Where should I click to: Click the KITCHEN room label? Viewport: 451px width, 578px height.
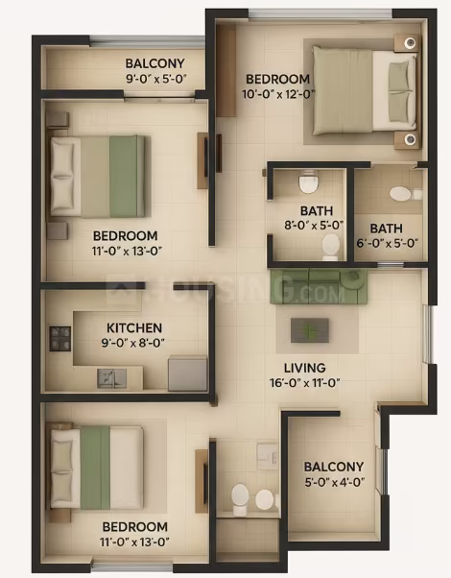point(134,327)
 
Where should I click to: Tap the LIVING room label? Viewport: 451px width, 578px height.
point(305,368)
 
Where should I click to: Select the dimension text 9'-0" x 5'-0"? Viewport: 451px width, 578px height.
point(156,79)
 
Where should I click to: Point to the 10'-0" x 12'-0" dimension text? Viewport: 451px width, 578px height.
point(278,94)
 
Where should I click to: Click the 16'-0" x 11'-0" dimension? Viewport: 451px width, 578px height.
point(304,383)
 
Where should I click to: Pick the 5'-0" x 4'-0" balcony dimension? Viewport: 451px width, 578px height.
point(334,482)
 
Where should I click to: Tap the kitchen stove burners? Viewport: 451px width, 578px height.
point(60,338)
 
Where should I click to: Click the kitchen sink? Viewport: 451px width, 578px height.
point(111,378)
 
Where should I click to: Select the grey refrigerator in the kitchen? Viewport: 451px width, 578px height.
point(187,373)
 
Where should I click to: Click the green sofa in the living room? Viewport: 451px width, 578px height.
point(319,286)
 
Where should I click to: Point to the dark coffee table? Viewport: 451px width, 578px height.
point(310,330)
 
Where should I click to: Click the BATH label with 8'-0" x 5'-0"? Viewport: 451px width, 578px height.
point(317,211)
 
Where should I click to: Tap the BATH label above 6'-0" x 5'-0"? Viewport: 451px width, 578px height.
point(386,229)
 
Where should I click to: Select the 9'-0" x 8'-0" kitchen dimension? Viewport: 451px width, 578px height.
point(133,343)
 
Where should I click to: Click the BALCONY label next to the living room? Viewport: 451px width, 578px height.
point(334,467)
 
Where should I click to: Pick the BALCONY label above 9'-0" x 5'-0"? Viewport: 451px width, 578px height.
point(154,63)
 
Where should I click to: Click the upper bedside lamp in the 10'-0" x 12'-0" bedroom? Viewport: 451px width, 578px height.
point(410,43)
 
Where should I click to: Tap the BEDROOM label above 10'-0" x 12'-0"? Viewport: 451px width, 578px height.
point(277,79)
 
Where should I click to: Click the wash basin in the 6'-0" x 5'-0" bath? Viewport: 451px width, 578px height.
point(400,194)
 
